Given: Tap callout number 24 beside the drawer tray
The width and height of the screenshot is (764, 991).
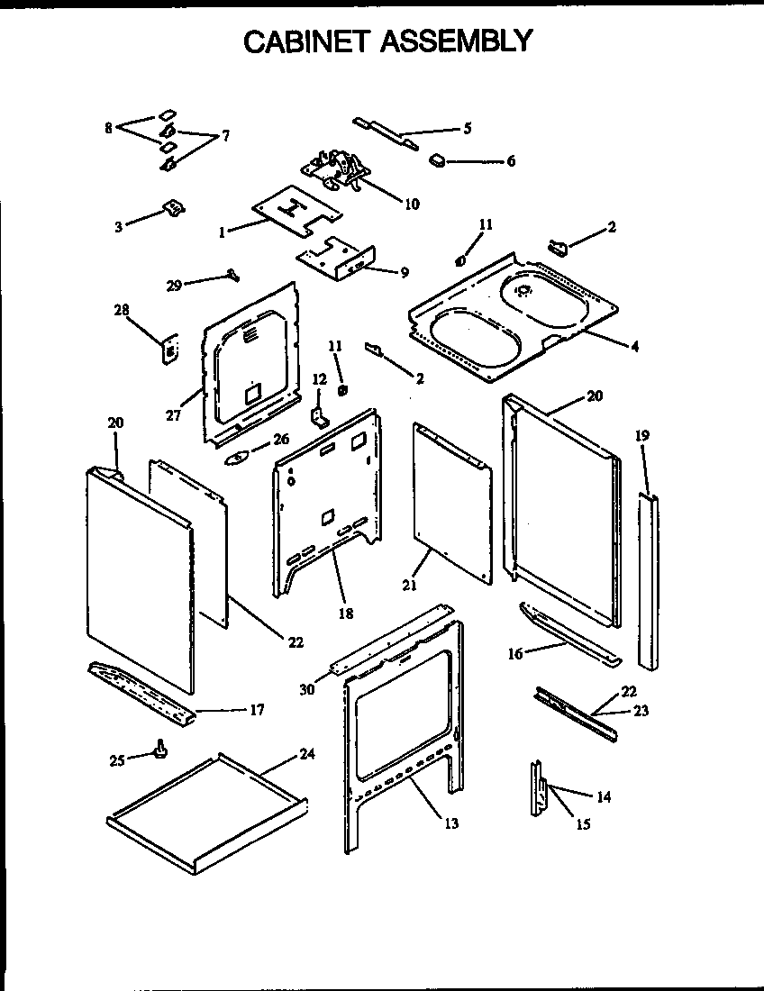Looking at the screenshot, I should coord(307,755).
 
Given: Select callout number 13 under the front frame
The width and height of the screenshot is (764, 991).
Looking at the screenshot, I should coord(450,823).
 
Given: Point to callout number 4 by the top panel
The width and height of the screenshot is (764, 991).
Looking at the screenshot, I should coord(634,346).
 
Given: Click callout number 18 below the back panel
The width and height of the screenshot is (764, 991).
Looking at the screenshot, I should coord(345,614).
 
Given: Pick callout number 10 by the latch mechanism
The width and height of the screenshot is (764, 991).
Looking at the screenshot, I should coord(412,205).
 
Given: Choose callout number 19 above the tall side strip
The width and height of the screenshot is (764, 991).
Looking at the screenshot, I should coord(642,435).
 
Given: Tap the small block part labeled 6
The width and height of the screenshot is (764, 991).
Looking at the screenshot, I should coord(437,160).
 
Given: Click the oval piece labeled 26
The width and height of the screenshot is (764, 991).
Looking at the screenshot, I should coord(233,458).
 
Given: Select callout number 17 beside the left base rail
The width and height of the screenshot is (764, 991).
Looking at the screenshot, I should coord(256,710).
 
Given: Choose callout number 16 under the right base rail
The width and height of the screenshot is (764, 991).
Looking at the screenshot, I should coord(515,655).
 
